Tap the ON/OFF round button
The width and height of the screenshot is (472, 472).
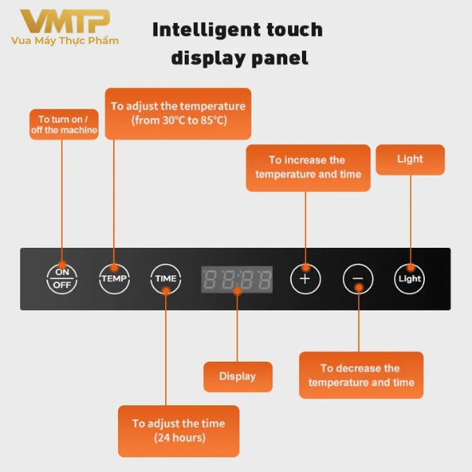pos(62,278)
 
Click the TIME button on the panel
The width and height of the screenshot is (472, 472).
pos(165,278)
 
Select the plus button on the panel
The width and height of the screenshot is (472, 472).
pos(305,278)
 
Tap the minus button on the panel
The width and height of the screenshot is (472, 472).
pos(358,278)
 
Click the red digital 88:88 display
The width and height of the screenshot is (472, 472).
pos(237,279)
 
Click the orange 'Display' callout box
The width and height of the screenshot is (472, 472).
pos(238,376)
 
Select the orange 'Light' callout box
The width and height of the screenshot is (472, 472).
pos(410,159)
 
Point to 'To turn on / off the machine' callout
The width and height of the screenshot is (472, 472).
pos(64,124)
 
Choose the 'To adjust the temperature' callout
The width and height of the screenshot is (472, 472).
pos(178,113)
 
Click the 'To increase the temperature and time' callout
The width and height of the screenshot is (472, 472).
pos(308,168)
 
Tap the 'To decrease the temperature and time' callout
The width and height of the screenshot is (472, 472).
pos(361,375)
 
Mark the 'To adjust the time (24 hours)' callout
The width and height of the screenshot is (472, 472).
pos(179,430)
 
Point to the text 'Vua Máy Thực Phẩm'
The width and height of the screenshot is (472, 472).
pos(65,40)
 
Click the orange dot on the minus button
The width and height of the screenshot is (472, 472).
pos(359,288)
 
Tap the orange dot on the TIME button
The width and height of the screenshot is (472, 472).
pos(166,289)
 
